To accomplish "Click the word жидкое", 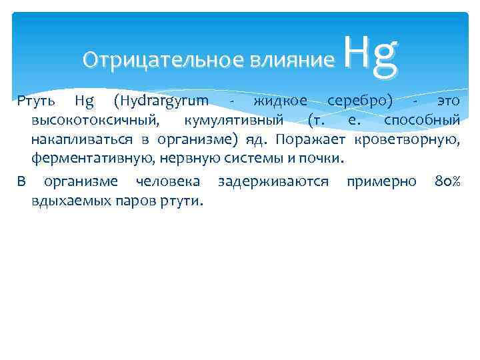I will coord(279,101).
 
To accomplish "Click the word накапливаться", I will coord(84,140).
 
